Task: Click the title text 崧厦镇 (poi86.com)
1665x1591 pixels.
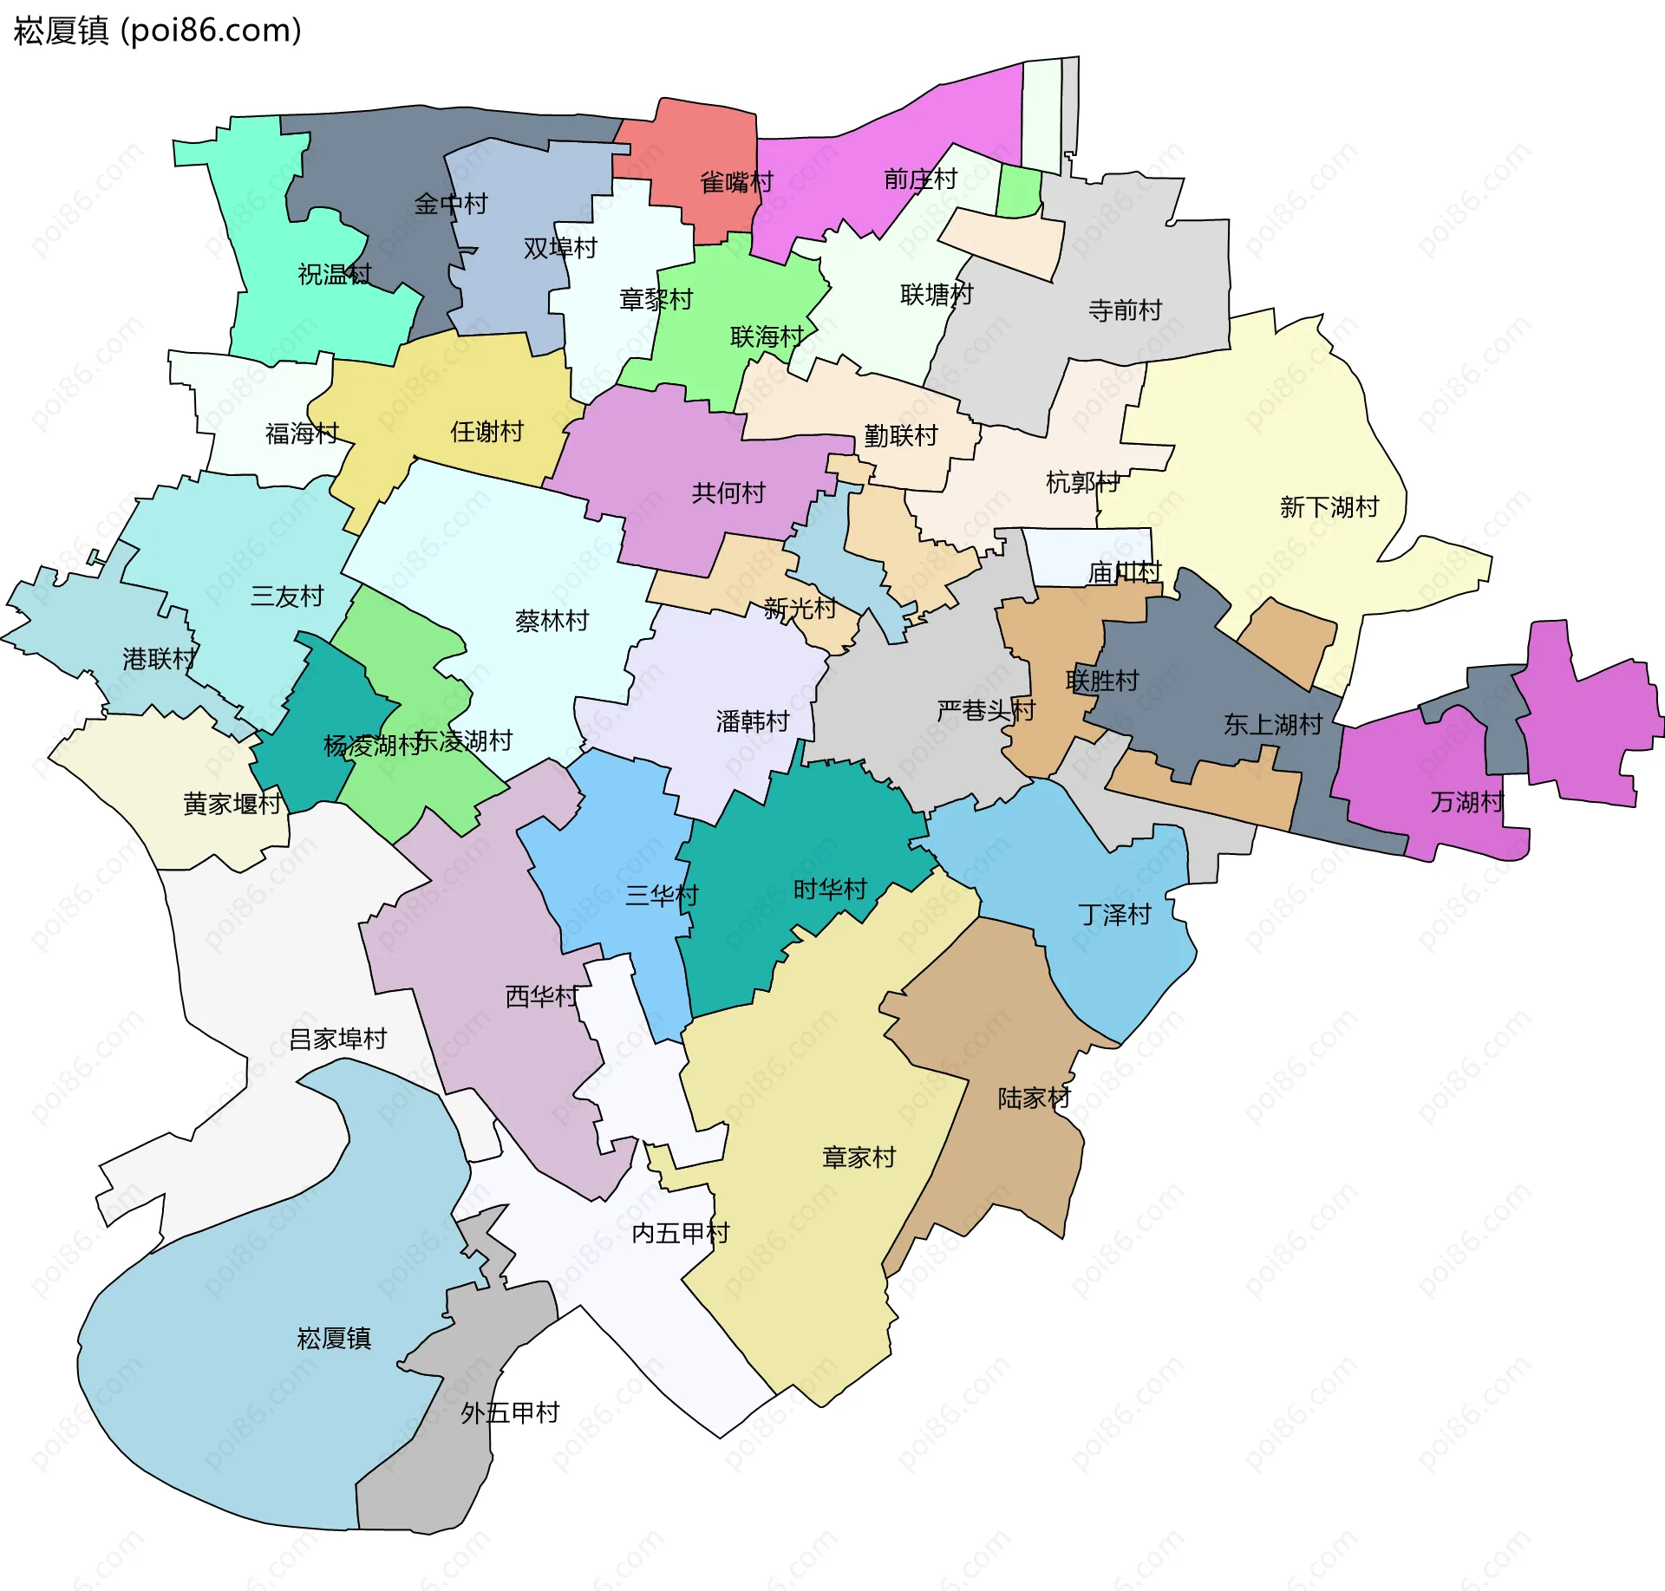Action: [x=157, y=30]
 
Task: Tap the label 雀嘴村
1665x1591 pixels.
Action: [x=736, y=182]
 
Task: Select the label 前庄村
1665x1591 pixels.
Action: [x=920, y=179]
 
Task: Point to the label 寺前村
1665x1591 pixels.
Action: [x=1125, y=310]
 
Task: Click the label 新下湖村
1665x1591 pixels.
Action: [x=1329, y=506]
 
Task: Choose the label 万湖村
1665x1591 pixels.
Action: [x=1466, y=801]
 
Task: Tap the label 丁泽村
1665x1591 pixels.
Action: [x=1114, y=914]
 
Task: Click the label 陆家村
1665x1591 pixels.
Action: [x=1034, y=1098]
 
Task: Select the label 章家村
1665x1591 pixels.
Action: [x=859, y=1157]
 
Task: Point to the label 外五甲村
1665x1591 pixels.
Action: [x=510, y=1412]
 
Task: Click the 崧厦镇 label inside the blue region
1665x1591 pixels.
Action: [x=334, y=1338]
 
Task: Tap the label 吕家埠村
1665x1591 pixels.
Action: [x=337, y=1038]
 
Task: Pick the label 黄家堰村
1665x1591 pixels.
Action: [x=232, y=804]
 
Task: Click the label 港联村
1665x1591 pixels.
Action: [x=160, y=659]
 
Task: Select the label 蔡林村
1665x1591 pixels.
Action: [x=552, y=621]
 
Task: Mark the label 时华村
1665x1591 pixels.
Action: [x=830, y=889]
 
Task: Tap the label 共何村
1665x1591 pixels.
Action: [x=728, y=492]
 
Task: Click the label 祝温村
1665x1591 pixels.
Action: [x=335, y=274]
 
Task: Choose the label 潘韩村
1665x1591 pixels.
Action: [x=753, y=721]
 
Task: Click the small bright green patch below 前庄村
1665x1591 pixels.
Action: [x=1018, y=192]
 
